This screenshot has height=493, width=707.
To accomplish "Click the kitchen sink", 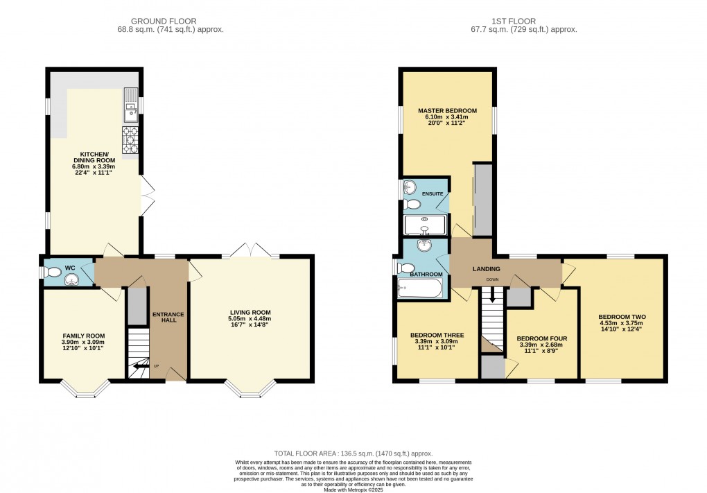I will coord(130,107).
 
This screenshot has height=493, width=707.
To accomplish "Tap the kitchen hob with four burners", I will coord(130,139).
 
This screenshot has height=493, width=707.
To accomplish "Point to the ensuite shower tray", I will coord(424,224).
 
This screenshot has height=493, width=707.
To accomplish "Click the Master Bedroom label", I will coord(447,111).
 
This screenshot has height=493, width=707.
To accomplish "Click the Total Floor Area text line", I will coord(353,453).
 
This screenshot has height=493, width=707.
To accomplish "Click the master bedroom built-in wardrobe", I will coord(482,200).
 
